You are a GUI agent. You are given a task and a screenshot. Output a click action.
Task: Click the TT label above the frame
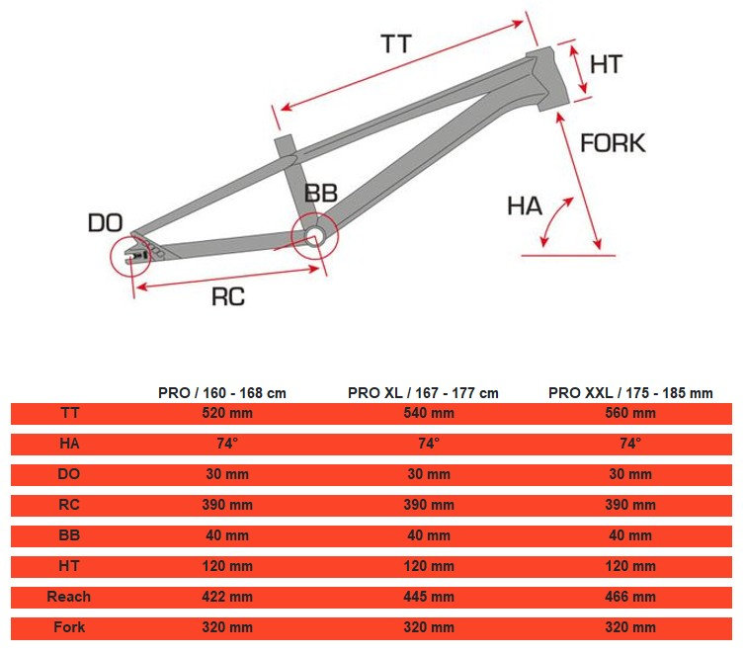396,44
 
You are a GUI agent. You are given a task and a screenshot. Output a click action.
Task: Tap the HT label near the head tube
606,64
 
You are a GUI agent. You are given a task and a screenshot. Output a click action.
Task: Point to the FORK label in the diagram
613,143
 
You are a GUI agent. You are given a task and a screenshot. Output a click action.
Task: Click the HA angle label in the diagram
525,205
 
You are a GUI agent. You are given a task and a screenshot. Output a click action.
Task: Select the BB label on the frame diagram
321,193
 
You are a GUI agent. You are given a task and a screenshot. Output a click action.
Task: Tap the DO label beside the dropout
105,222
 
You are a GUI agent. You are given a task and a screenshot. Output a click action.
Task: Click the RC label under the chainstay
228,296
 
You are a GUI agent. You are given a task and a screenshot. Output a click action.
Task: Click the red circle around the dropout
132,254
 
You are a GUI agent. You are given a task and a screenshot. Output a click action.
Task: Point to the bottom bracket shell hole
314,233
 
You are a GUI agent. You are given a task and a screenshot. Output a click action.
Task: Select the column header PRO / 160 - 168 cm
222,392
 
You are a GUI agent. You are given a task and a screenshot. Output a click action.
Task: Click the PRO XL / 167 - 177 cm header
423,392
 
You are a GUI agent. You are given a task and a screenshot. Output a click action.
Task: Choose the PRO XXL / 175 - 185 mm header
630,392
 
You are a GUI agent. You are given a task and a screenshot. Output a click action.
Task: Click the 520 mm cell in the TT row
227,414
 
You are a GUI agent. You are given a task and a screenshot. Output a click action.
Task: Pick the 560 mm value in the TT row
630,414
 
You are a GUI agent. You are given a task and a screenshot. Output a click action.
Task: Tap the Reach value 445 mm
429,597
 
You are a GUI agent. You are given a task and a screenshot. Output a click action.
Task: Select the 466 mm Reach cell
630,597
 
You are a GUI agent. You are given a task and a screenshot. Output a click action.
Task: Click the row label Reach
69,597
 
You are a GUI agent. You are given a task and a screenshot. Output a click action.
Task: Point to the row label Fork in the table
69,627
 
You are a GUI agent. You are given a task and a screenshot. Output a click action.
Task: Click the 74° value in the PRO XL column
429,444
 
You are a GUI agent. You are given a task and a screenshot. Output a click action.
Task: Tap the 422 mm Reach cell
227,597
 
